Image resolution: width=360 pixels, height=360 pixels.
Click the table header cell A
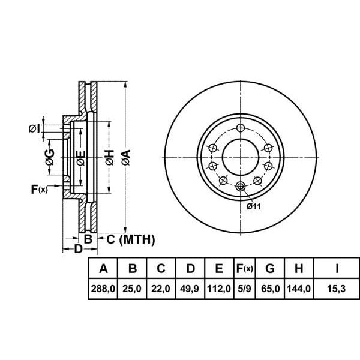pos(103,268)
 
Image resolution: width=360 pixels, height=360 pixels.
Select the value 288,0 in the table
pos(103,289)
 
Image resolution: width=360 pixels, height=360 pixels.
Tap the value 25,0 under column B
pos(131,289)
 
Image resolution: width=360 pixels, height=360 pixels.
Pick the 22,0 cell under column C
pos(160,289)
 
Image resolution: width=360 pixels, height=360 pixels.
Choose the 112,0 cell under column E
pos(218,289)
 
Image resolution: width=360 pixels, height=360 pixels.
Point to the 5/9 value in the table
pos(244,289)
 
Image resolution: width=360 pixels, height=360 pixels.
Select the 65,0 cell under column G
pos(269,289)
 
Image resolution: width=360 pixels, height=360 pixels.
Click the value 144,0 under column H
pos(299,289)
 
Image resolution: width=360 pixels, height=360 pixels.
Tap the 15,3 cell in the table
pos(336,289)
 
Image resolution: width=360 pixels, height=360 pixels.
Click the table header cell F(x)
pos(244,268)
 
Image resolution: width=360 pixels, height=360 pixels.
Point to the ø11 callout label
pos(254,207)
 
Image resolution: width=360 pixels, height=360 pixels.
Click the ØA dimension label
pos(125,158)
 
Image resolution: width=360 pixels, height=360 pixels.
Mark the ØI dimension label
pos(35,128)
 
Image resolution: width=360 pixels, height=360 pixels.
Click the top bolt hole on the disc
pos(241,128)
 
